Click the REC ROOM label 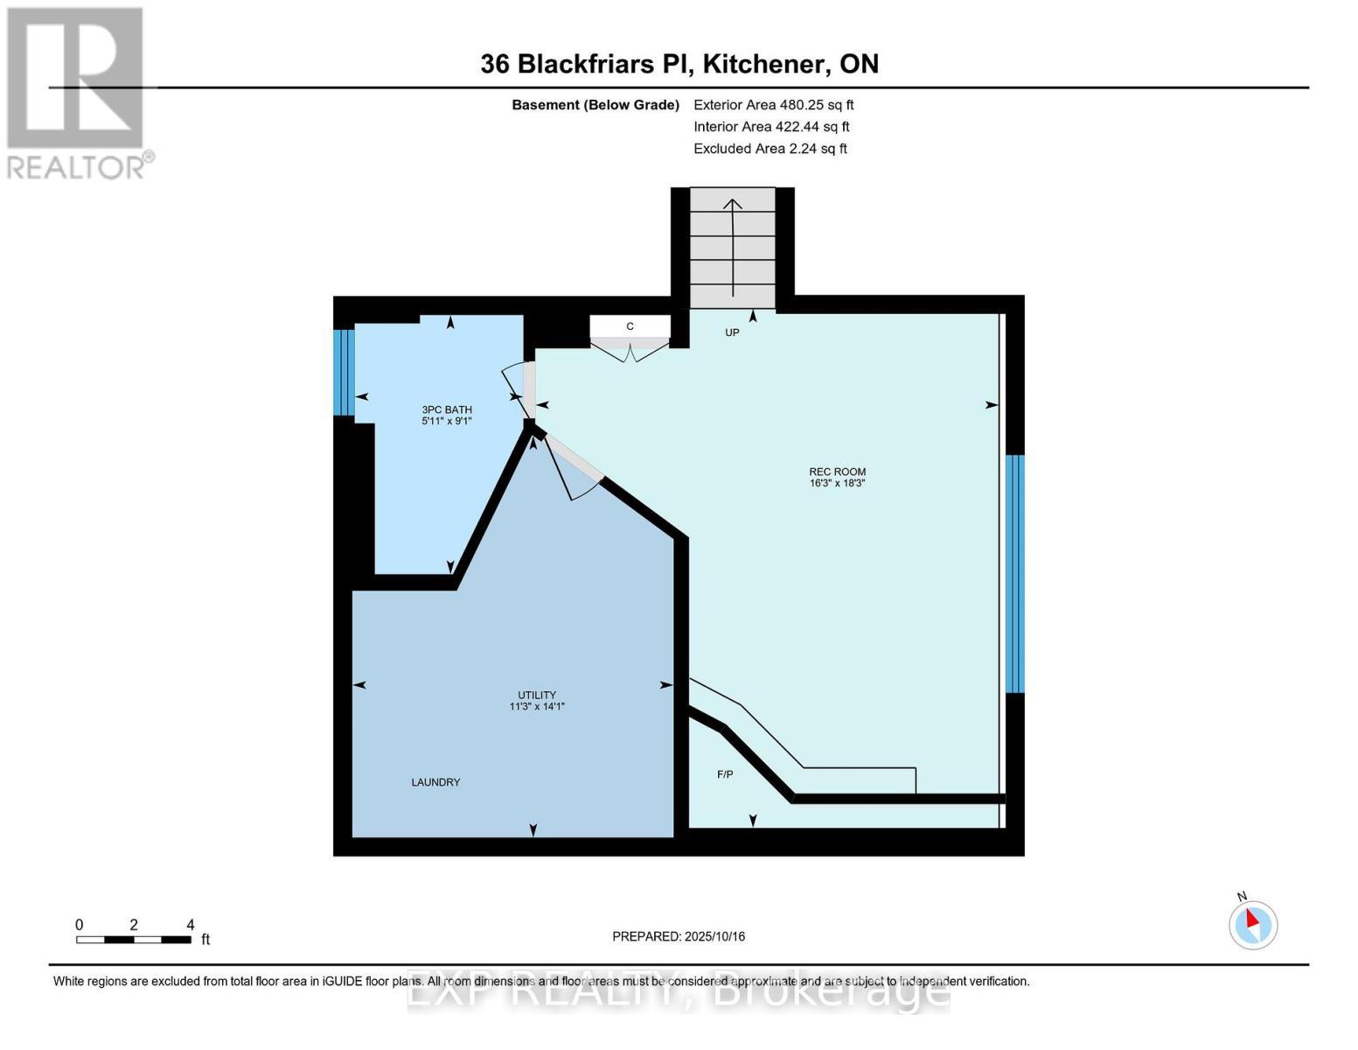click(837, 472)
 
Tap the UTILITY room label click(537, 695)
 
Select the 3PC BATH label click(447, 409)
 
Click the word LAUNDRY click(435, 782)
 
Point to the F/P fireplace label click(725, 774)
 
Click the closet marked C click(630, 326)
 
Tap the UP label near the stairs click(732, 332)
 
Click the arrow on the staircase click(733, 245)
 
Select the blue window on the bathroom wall click(344, 372)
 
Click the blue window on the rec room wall click(1014, 573)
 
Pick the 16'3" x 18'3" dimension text click(837, 483)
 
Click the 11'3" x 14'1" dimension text click(537, 706)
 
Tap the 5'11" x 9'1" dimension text click(447, 421)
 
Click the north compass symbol click(1252, 923)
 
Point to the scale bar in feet click(134, 939)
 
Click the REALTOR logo click(77, 92)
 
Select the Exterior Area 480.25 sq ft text click(773, 105)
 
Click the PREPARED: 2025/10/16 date click(679, 936)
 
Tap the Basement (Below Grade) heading click(595, 105)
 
